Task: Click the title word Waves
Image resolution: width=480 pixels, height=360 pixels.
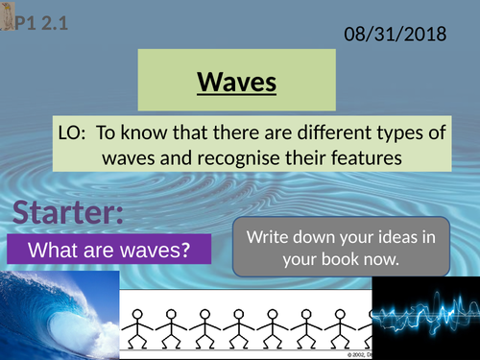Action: click(237, 83)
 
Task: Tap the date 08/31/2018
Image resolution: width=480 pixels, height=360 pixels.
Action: click(395, 35)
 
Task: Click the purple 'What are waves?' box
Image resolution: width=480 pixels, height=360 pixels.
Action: click(108, 252)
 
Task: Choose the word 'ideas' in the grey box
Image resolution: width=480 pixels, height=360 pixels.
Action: click(375, 236)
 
